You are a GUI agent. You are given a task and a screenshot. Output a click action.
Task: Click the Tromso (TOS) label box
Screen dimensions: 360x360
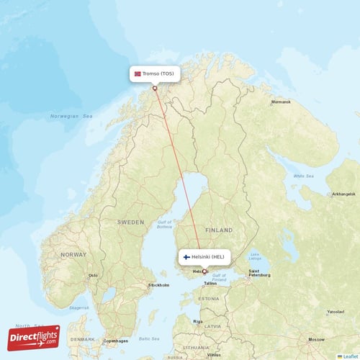(155, 73)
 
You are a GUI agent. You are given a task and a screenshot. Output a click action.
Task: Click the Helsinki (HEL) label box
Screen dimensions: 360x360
(204, 256)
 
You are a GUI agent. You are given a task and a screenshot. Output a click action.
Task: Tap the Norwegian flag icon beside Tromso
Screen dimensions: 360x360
(138, 73)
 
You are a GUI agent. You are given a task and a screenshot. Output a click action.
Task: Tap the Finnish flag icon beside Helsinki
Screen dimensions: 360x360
(186, 256)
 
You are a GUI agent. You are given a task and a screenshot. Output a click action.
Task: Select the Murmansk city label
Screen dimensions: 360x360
(281, 102)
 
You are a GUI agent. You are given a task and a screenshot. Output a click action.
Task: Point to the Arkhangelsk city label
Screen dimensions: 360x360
(343, 194)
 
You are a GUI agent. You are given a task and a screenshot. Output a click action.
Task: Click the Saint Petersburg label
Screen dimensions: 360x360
(258, 273)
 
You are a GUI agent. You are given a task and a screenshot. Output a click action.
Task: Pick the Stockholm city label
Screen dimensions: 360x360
(158, 285)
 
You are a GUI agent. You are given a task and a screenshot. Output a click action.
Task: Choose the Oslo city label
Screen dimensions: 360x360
(93, 275)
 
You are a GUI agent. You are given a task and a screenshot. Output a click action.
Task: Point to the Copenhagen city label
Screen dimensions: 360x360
(115, 340)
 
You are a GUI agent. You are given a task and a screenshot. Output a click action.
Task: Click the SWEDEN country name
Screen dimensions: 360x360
(130, 222)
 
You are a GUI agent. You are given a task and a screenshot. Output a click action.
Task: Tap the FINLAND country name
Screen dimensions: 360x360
(219, 230)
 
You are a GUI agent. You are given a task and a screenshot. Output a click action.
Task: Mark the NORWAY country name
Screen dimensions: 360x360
(73, 254)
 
